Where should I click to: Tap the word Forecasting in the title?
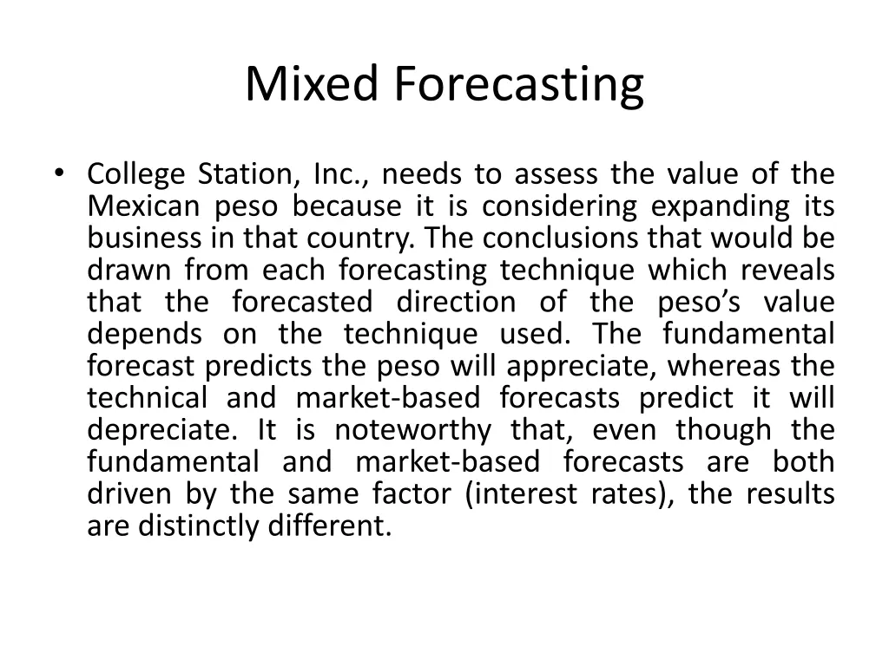pyautogui.click(x=519, y=86)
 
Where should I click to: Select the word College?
pyautogui.click(x=136, y=175)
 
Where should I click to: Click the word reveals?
pyautogui.click(x=789, y=271)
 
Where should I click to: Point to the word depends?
pyautogui.click(x=145, y=335)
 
